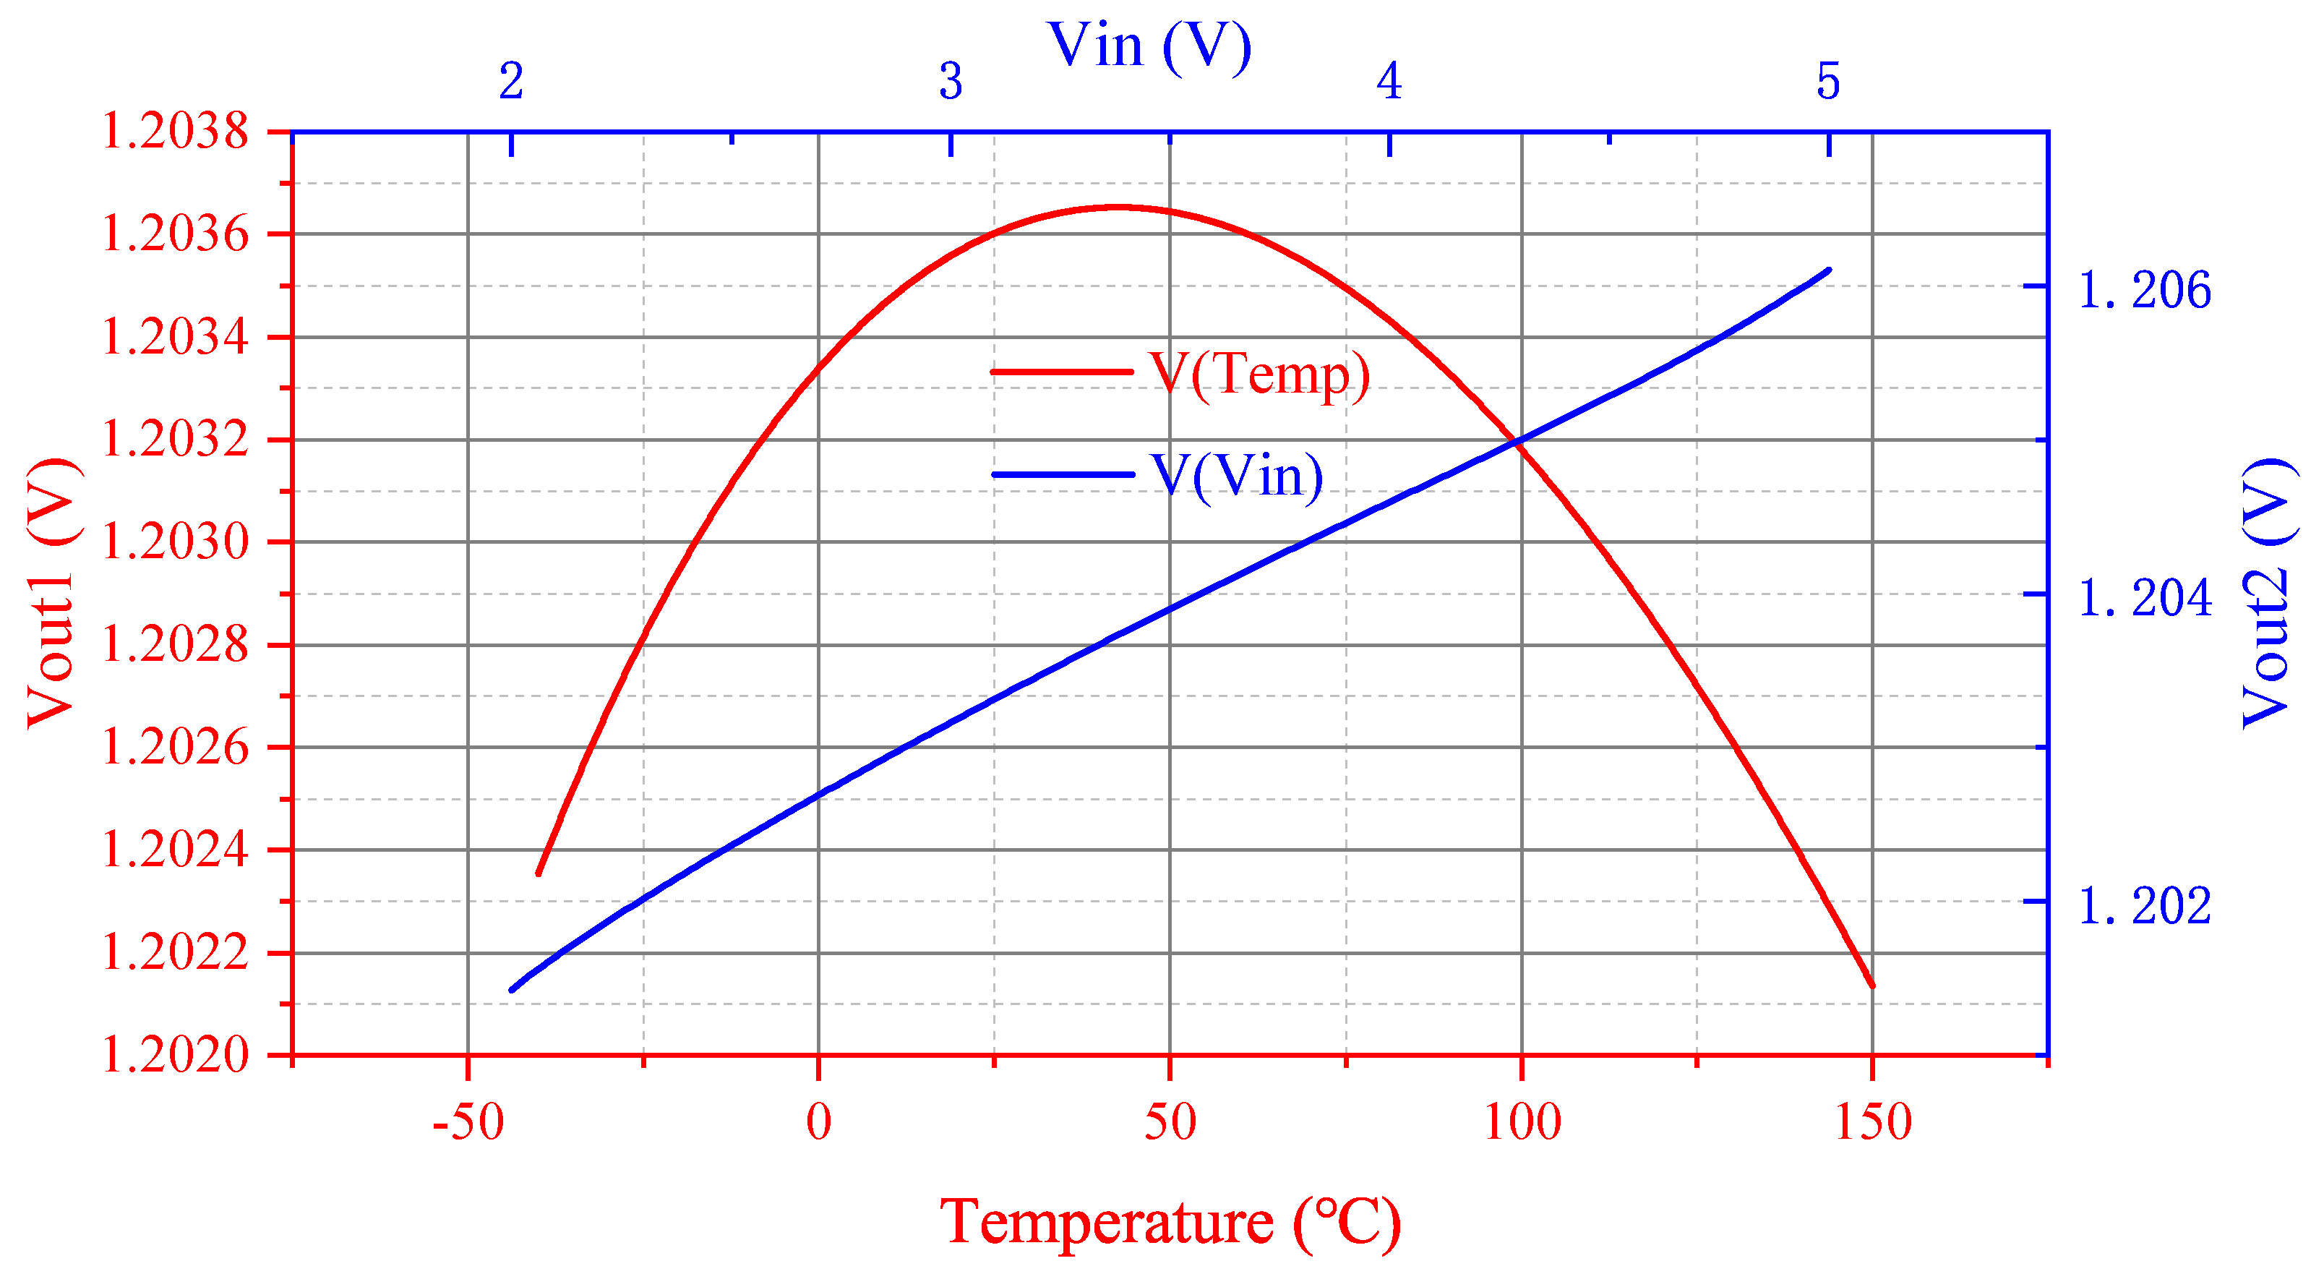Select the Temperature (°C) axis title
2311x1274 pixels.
1170,1222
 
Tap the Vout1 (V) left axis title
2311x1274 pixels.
51,593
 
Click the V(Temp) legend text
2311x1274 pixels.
1259,373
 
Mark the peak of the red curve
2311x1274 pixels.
1117,208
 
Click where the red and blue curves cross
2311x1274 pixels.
1517,440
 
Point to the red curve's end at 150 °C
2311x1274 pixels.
1872,986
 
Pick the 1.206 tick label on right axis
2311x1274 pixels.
2144,290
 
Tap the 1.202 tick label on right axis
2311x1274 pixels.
2144,905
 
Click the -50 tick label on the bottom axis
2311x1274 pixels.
468,1122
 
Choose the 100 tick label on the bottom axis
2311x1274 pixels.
1522,1122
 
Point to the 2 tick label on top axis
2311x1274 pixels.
511,82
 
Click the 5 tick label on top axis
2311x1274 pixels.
1828,82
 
